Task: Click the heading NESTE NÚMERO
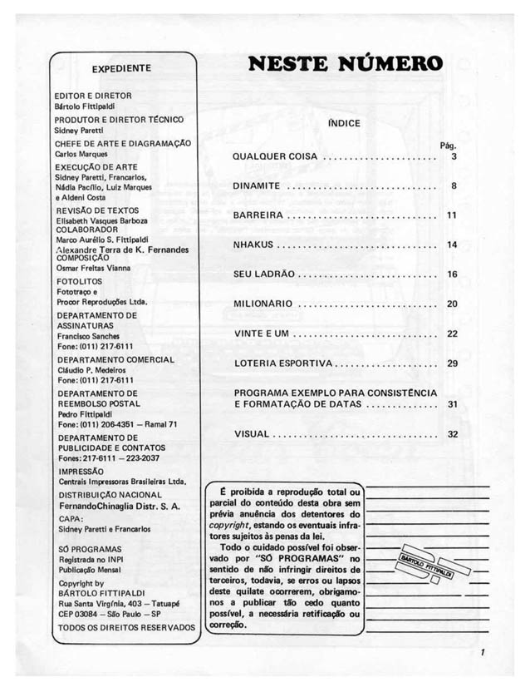pos(345,64)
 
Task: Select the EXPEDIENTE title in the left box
pos(121,68)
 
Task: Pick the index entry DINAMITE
pos(257,186)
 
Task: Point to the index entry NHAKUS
pos(253,245)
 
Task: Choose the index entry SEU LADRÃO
pos(263,274)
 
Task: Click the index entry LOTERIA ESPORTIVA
pos(283,363)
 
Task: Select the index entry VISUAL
pos(252,433)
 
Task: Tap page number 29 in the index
pos(452,363)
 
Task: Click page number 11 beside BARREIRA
pos(452,215)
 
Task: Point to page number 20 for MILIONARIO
pos(452,304)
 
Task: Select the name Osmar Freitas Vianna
pos(95,268)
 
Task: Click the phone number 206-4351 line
pos(115,423)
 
